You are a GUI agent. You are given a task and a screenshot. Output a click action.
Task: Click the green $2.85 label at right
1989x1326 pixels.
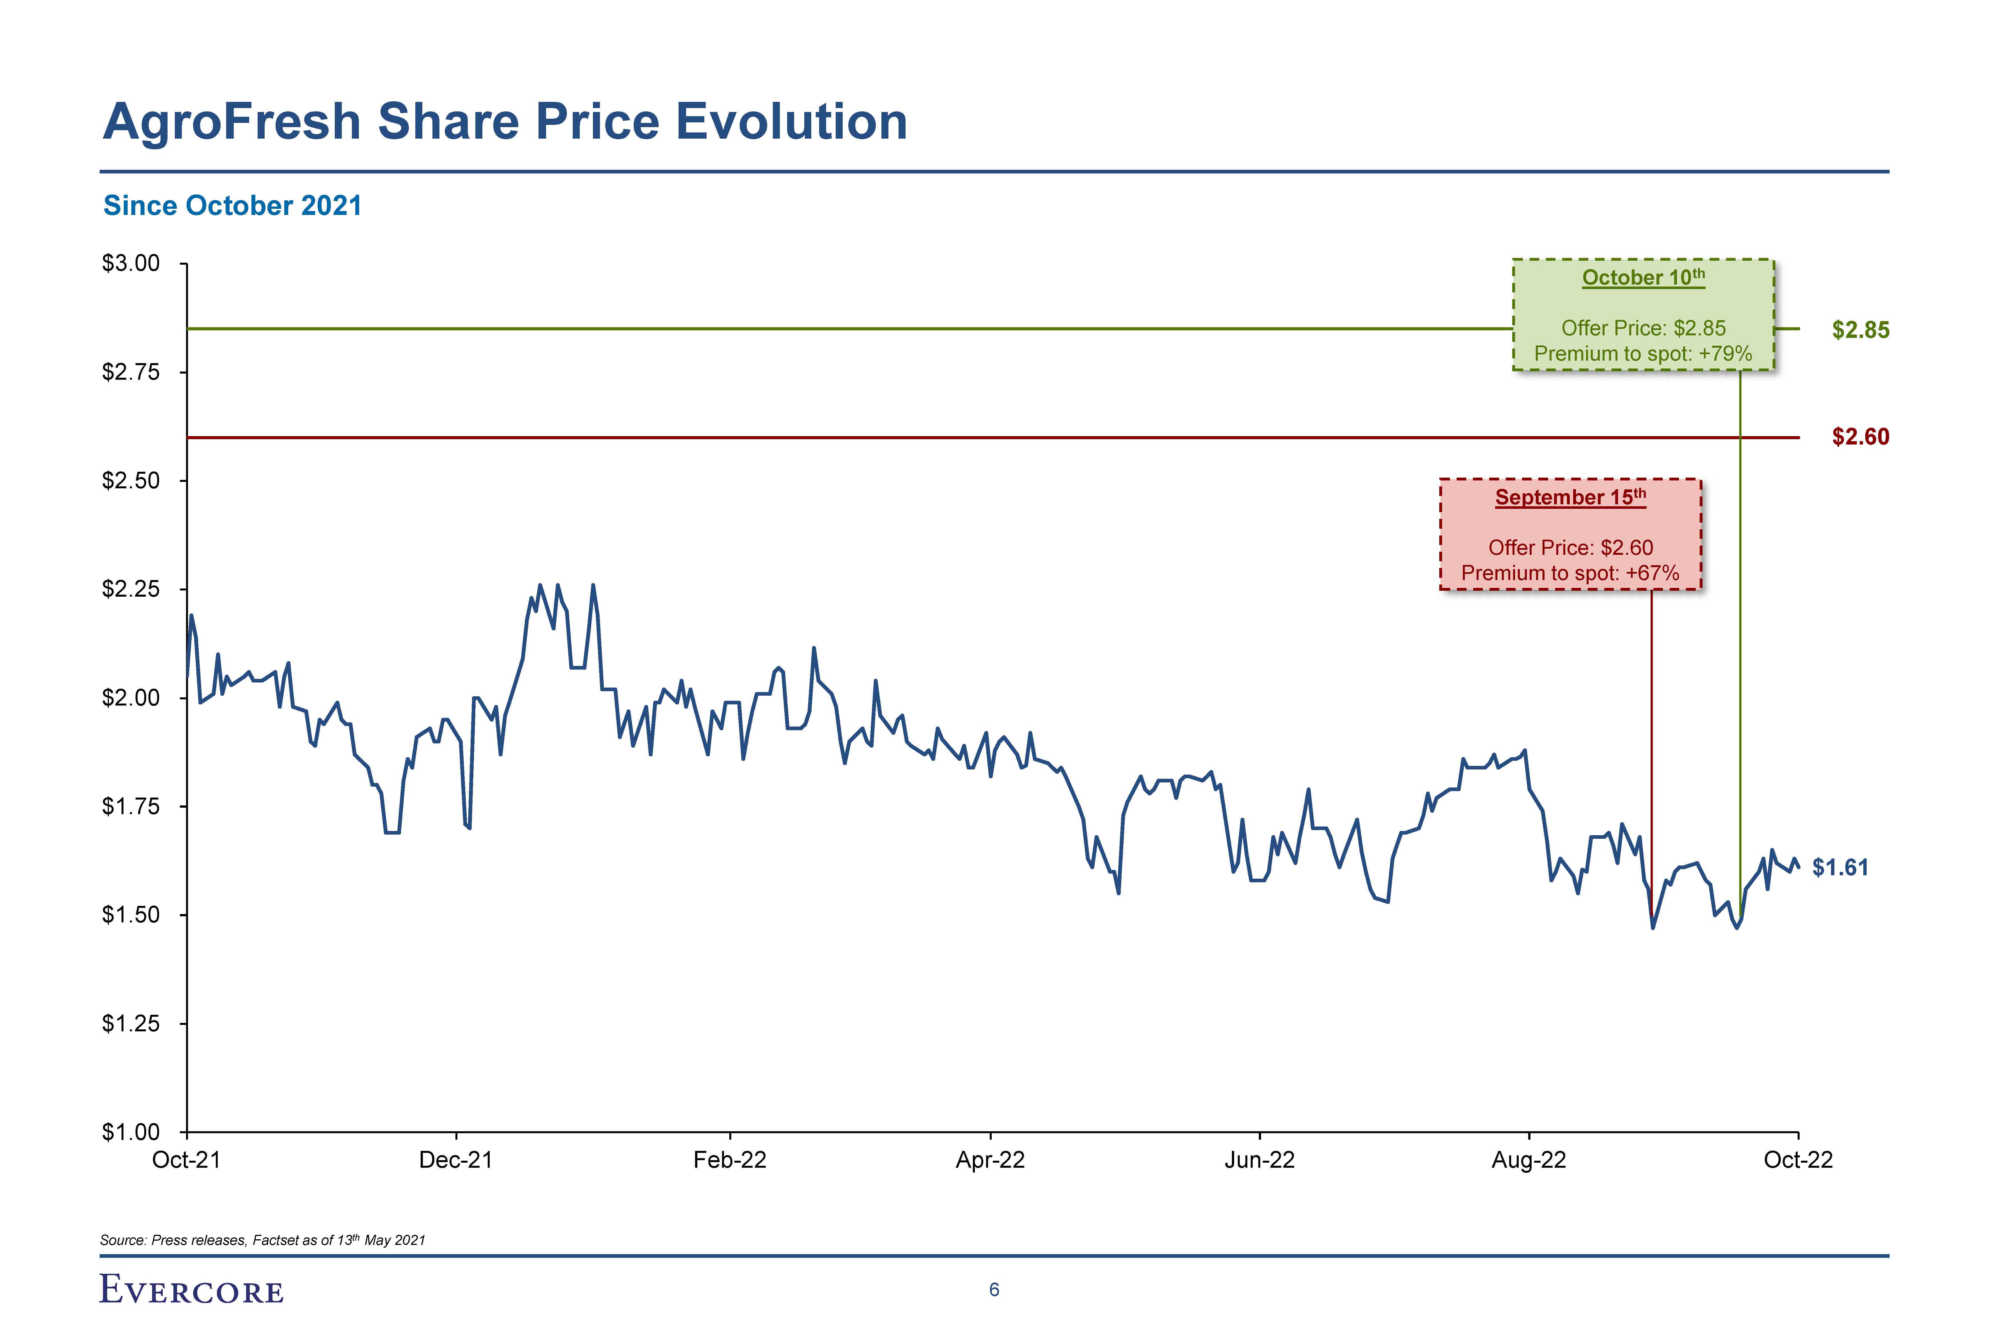[x=1860, y=330]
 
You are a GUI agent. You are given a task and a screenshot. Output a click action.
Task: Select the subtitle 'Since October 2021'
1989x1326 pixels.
[x=233, y=205]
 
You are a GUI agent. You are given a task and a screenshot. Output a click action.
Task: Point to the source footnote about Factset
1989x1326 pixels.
[x=262, y=1240]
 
